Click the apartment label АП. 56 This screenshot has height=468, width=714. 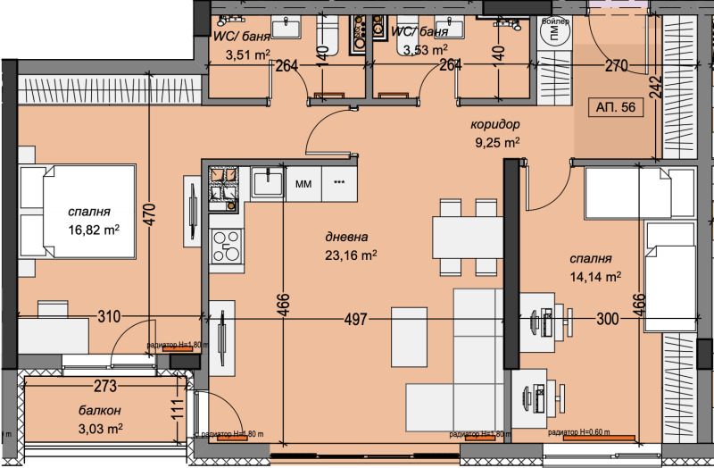tap(616, 107)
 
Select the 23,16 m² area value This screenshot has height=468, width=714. tap(351, 254)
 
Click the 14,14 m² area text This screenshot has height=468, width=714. tap(595, 276)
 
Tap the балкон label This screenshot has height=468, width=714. tap(98, 411)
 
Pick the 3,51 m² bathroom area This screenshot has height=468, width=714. tap(248, 54)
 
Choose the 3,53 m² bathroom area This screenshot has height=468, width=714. tap(425, 50)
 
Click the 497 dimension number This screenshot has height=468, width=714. tap(356, 318)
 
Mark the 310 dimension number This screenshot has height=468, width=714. tap(109, 316)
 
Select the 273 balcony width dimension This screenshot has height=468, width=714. tap(105, 388)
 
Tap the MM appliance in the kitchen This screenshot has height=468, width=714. tap(303, 184)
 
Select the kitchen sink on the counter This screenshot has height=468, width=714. tap(266, 183)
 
